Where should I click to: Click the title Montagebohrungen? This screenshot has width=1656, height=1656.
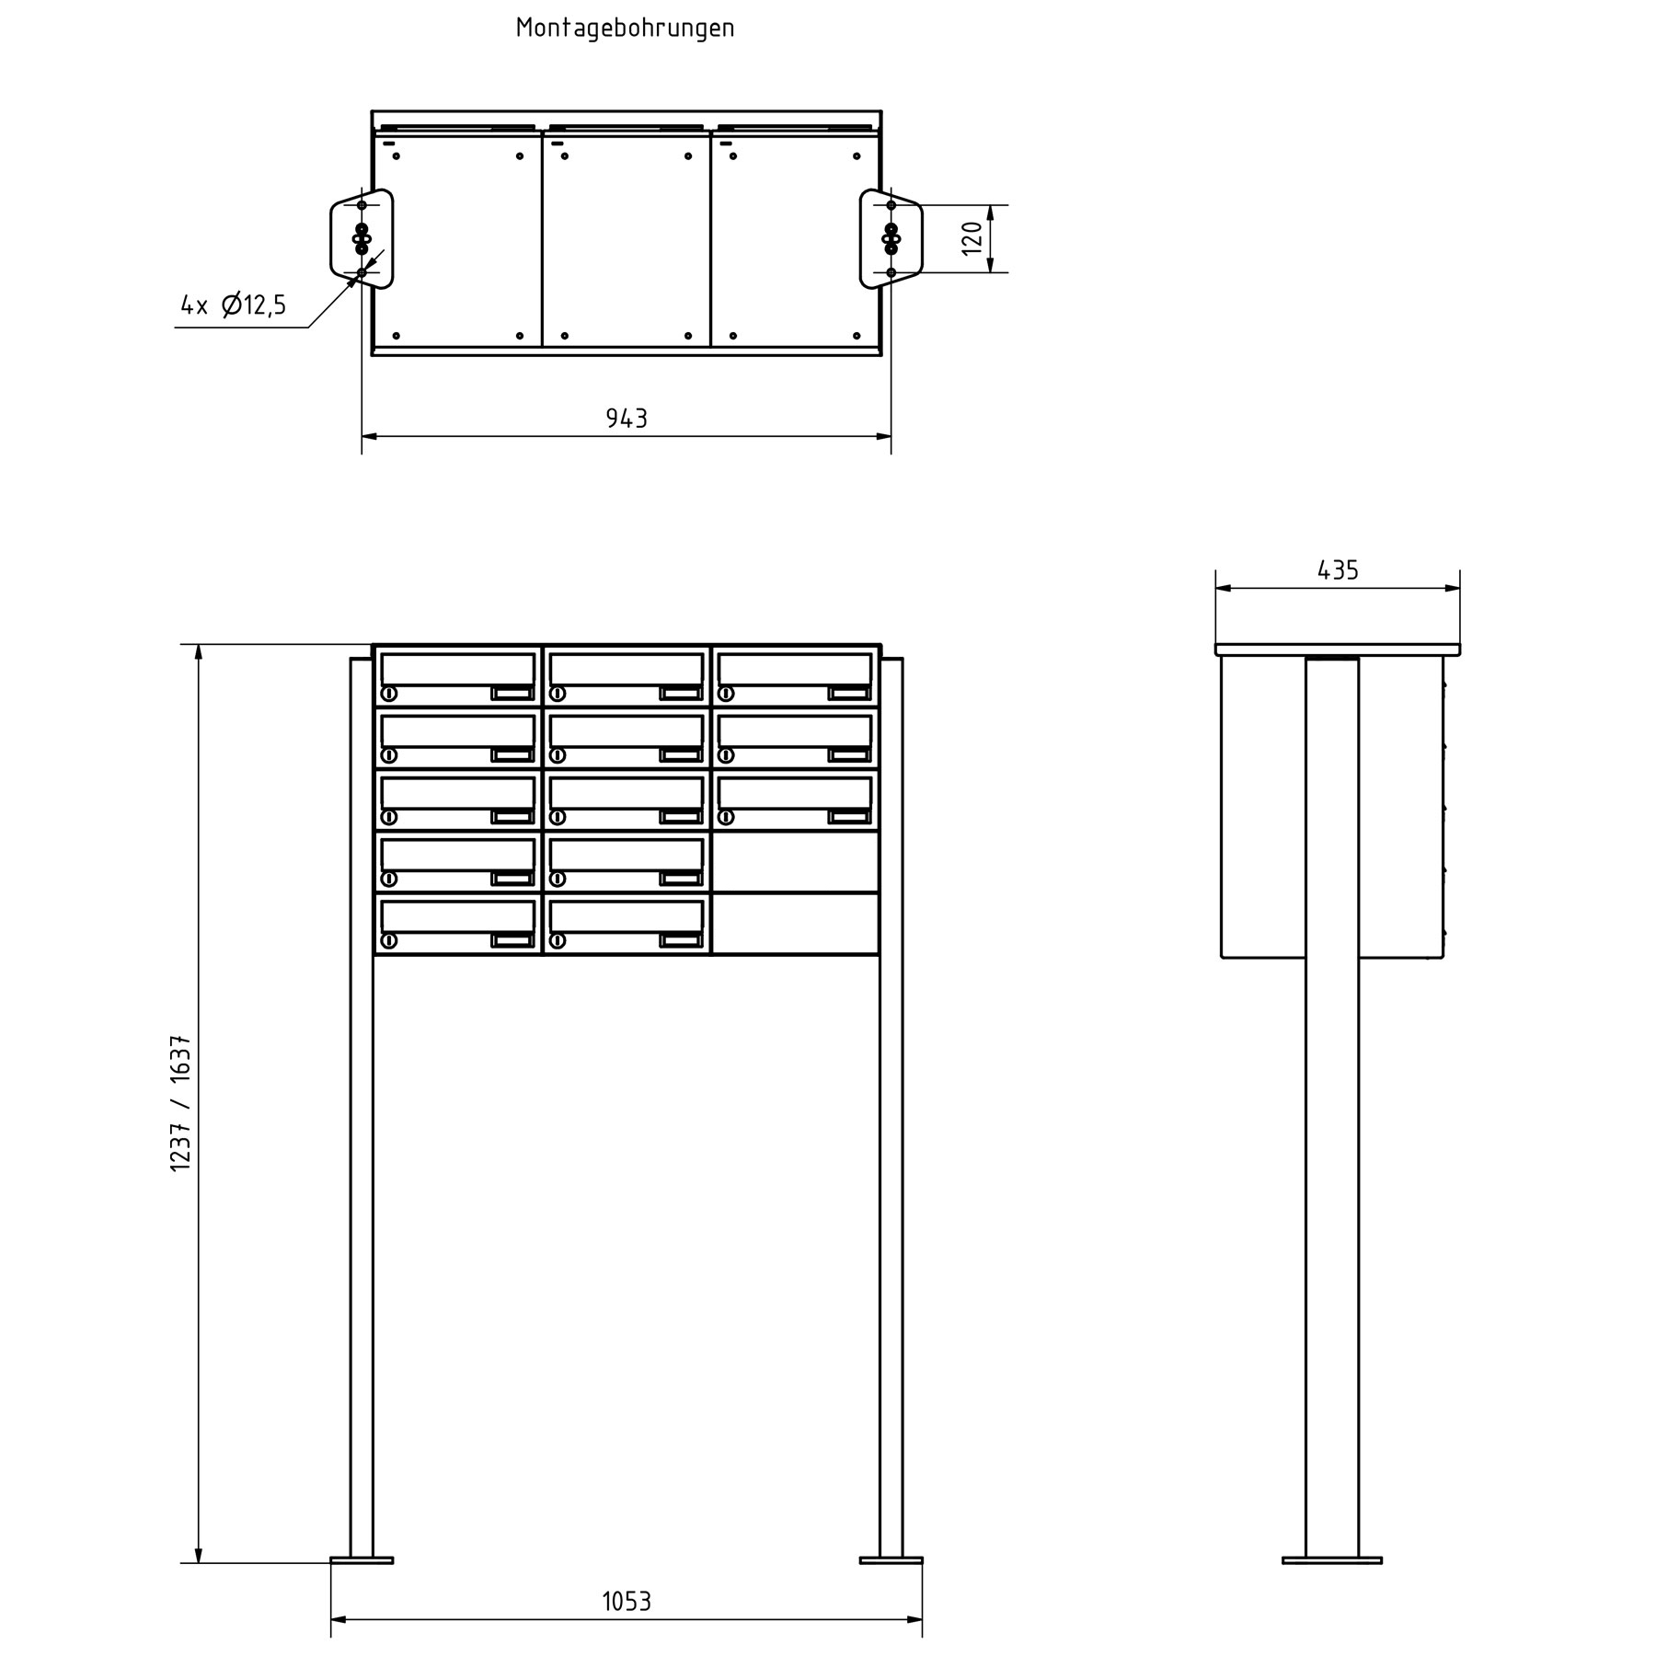(x=625, y=29)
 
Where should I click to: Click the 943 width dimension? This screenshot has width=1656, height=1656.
(x=627, y=419)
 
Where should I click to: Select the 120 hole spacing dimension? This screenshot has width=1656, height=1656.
(x=972, y=238)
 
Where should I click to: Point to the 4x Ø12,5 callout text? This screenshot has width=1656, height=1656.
(x=234, y=305)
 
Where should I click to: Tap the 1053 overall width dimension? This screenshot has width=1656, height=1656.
(x=627, y=1602)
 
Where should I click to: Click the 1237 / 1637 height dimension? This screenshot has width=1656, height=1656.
(x=181, y=1103)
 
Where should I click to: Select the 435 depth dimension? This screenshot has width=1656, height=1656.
(x=1338, y=570)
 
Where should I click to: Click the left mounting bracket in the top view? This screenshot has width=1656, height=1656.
(x=362, y=238)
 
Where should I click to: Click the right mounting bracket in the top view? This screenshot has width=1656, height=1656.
(x=891, y=238)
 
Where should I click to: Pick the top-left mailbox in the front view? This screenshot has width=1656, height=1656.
(x=457, y=677)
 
